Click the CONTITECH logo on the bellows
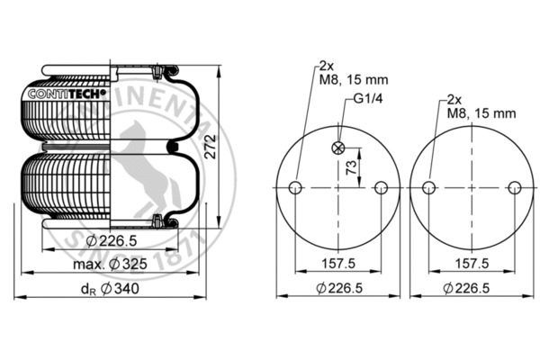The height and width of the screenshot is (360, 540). [67, 94]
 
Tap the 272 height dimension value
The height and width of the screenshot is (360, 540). [210, 147]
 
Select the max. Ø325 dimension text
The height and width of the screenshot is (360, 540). [110, 265]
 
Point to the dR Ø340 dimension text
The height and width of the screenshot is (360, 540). [110, 289]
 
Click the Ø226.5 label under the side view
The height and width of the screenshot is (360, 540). [112, 240]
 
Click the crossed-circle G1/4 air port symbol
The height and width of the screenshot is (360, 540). [338, 148]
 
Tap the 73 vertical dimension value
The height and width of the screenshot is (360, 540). [351, 167]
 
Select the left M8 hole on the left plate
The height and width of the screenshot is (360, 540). [295, 188]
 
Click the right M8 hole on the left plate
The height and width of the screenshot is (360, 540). [381, 188]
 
